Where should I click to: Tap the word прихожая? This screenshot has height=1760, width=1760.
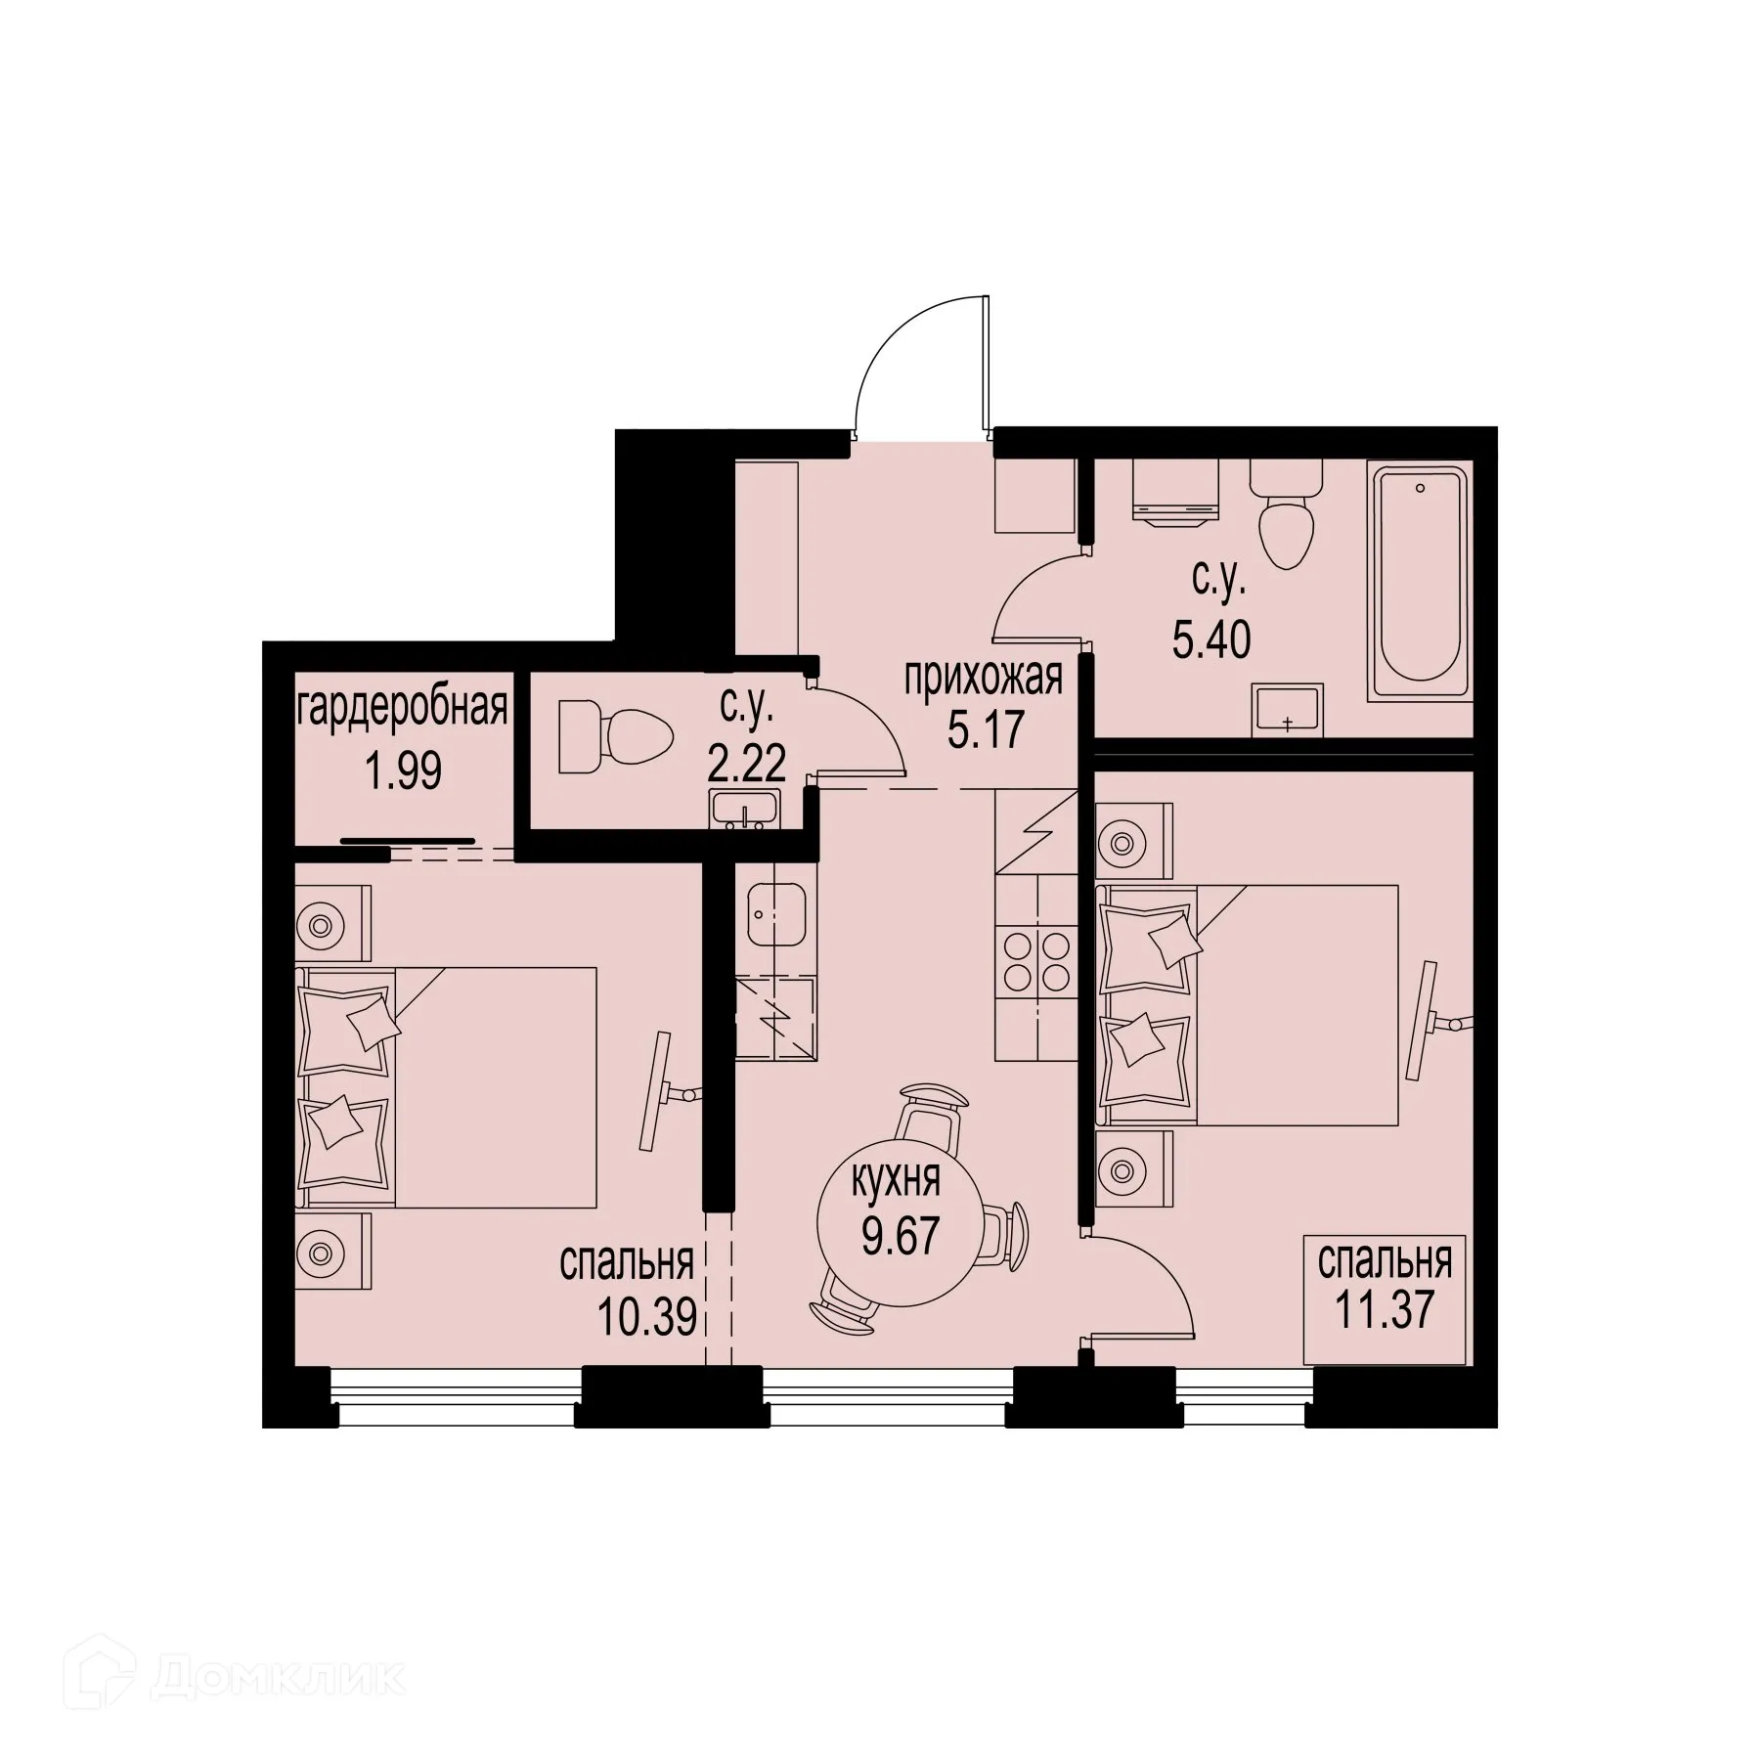pos(983,677)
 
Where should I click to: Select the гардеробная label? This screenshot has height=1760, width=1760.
pos(402,707)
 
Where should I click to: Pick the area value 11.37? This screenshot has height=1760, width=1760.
pos(1384,1308)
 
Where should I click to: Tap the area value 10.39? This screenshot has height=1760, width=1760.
pos(647,1318)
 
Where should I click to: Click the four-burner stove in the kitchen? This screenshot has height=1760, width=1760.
pos(1037,962)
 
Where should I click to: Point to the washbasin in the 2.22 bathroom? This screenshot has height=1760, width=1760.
pos(745,810)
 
